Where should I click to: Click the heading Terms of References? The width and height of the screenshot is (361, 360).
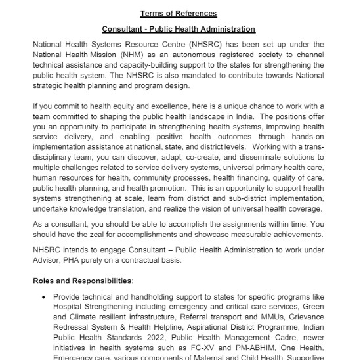click(x=178, y=13)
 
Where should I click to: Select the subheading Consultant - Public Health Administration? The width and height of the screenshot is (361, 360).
click(x=179, y=30)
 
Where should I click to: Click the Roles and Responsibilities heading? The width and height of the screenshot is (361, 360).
click(x=83, y=281)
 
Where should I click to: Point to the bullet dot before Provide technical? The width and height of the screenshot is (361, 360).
click(x=44, y=297)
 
